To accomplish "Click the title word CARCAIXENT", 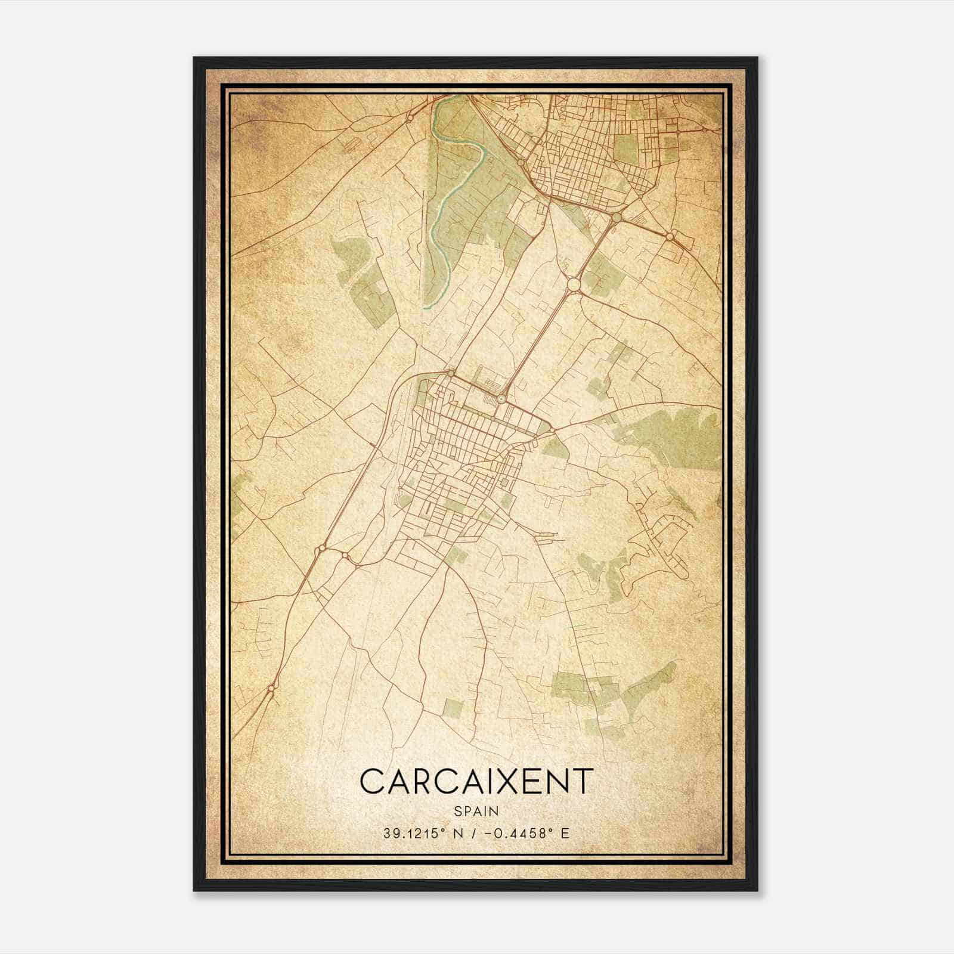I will click(477, 782).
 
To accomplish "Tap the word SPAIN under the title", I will click(476, 811).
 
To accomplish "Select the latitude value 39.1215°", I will click(416, 833).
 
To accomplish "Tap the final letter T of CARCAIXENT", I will click(584, 782).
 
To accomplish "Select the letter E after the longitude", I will click(565, 833).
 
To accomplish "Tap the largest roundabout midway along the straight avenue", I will click(574, 285).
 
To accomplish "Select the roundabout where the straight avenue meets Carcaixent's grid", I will click(501, 398).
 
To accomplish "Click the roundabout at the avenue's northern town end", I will click(615, 218).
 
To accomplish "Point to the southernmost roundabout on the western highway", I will click(271, 689).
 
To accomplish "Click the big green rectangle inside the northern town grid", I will click(625, 148).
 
